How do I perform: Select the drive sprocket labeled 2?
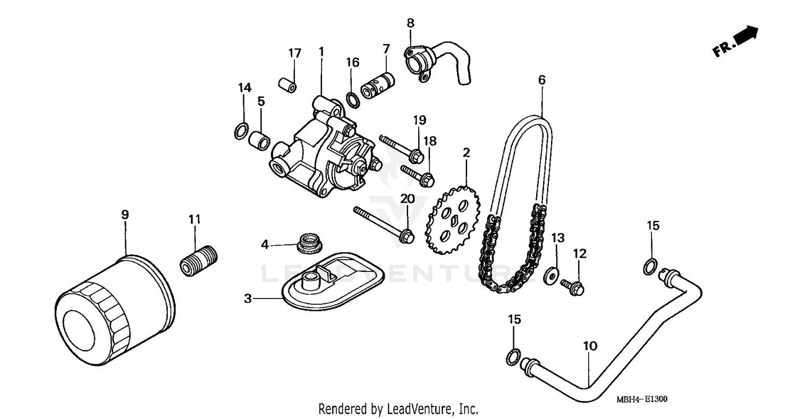[452, 220]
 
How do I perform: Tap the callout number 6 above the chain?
[541, 80]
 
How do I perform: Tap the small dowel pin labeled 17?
[287, 84]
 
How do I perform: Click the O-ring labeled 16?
[352, 99]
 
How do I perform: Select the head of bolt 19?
[417, 157]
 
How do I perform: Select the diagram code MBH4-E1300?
[642, 399]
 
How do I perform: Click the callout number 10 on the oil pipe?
[590, 346]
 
